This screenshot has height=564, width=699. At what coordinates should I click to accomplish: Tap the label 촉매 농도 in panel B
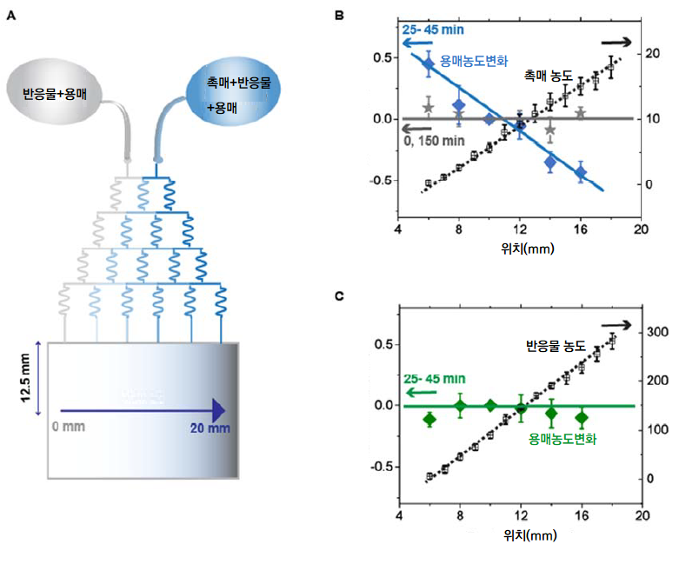point(548,76)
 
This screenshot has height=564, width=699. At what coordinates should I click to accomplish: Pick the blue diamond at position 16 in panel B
point(581,172)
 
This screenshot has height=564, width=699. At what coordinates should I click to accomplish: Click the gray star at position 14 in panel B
point(550,129)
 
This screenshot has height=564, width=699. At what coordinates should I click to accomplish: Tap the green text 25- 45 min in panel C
point(436,379)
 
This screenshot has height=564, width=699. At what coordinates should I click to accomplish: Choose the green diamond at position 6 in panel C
point(429,420)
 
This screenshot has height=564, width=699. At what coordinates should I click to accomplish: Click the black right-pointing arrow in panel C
point(641,324)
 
